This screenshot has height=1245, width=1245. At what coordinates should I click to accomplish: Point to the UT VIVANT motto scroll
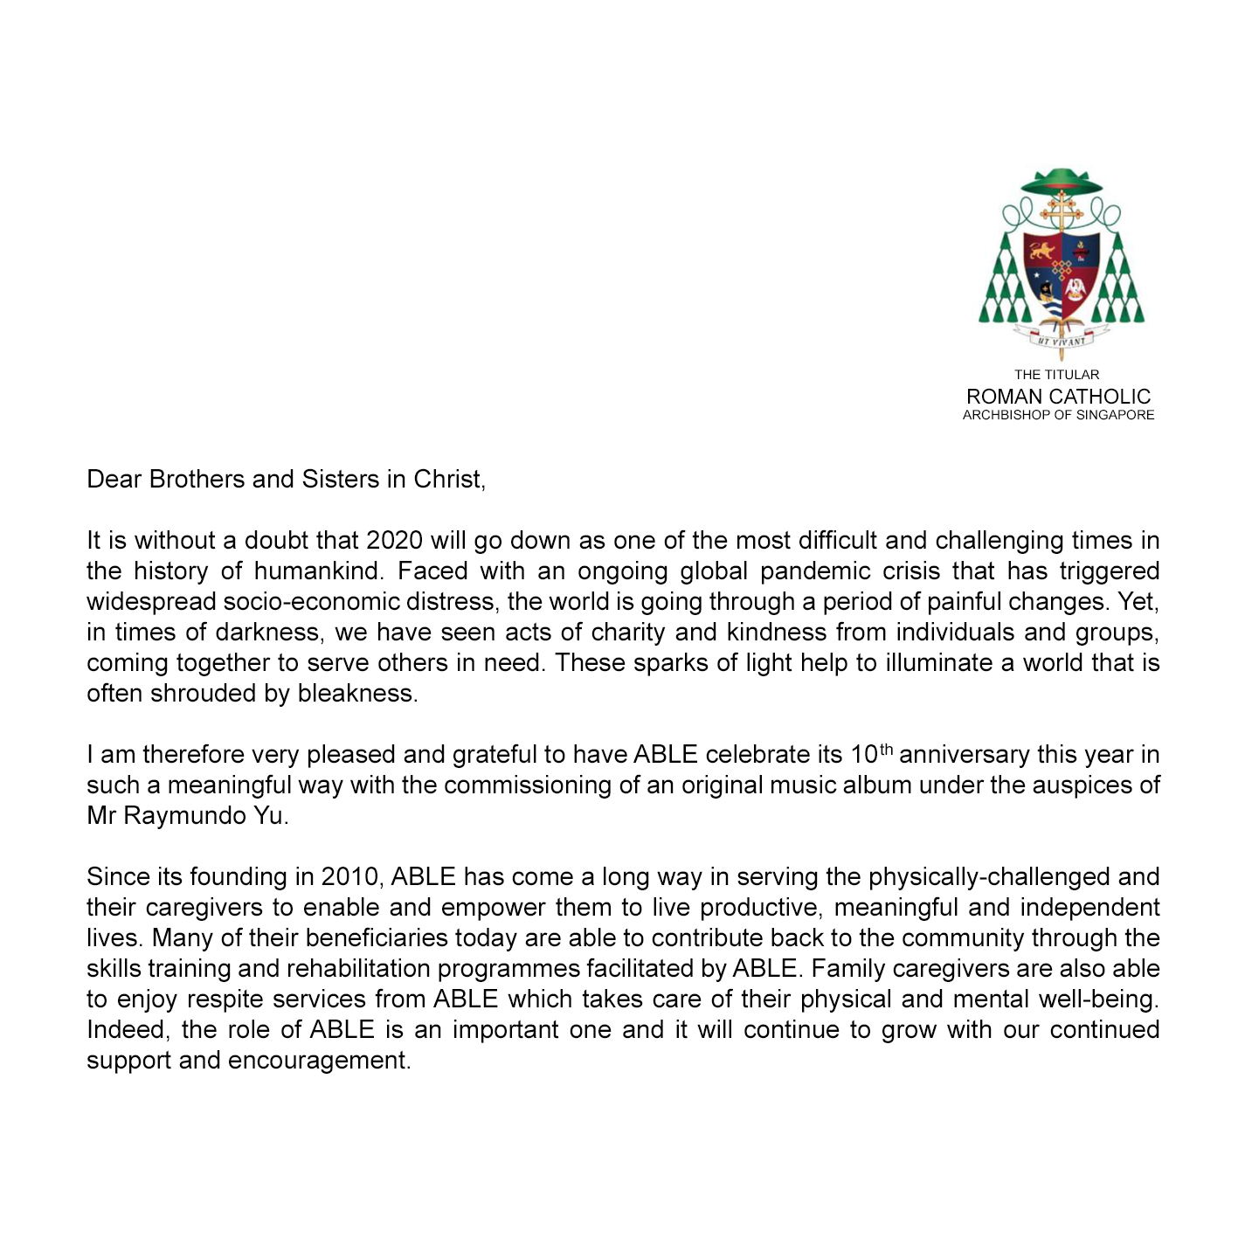[1062, 341]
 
